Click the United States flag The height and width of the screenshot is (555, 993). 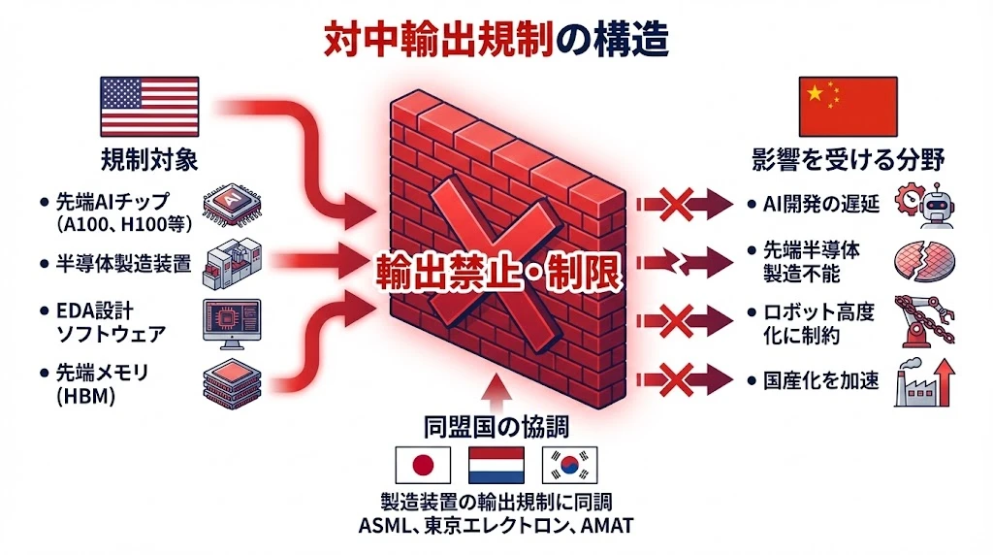coord(149,107)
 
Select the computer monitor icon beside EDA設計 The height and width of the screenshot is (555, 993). coord(231,321)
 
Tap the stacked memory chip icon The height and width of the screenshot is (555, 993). coord(231,380)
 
